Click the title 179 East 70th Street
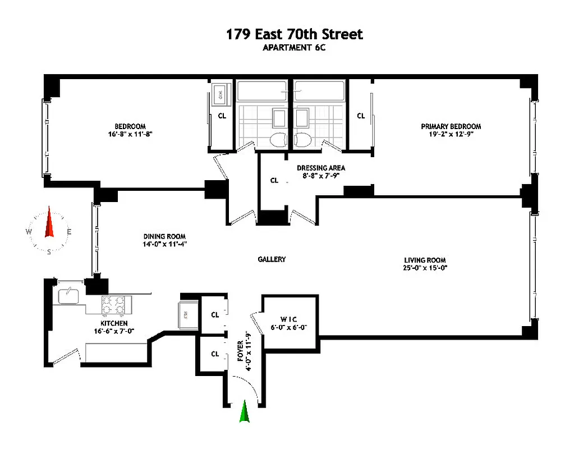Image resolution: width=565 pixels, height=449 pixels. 295,34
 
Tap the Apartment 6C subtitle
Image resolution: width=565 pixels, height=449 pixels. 295,48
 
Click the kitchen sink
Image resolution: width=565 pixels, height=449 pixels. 68,295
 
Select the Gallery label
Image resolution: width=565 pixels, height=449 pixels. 272,259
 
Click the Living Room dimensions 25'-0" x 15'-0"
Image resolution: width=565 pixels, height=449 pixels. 425,268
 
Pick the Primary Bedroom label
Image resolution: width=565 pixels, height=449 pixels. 451,127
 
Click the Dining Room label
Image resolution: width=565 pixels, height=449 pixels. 164,236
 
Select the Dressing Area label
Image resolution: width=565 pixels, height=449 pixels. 321,168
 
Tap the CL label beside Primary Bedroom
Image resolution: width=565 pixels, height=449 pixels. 361,116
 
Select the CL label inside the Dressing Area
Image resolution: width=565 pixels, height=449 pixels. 274,181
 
